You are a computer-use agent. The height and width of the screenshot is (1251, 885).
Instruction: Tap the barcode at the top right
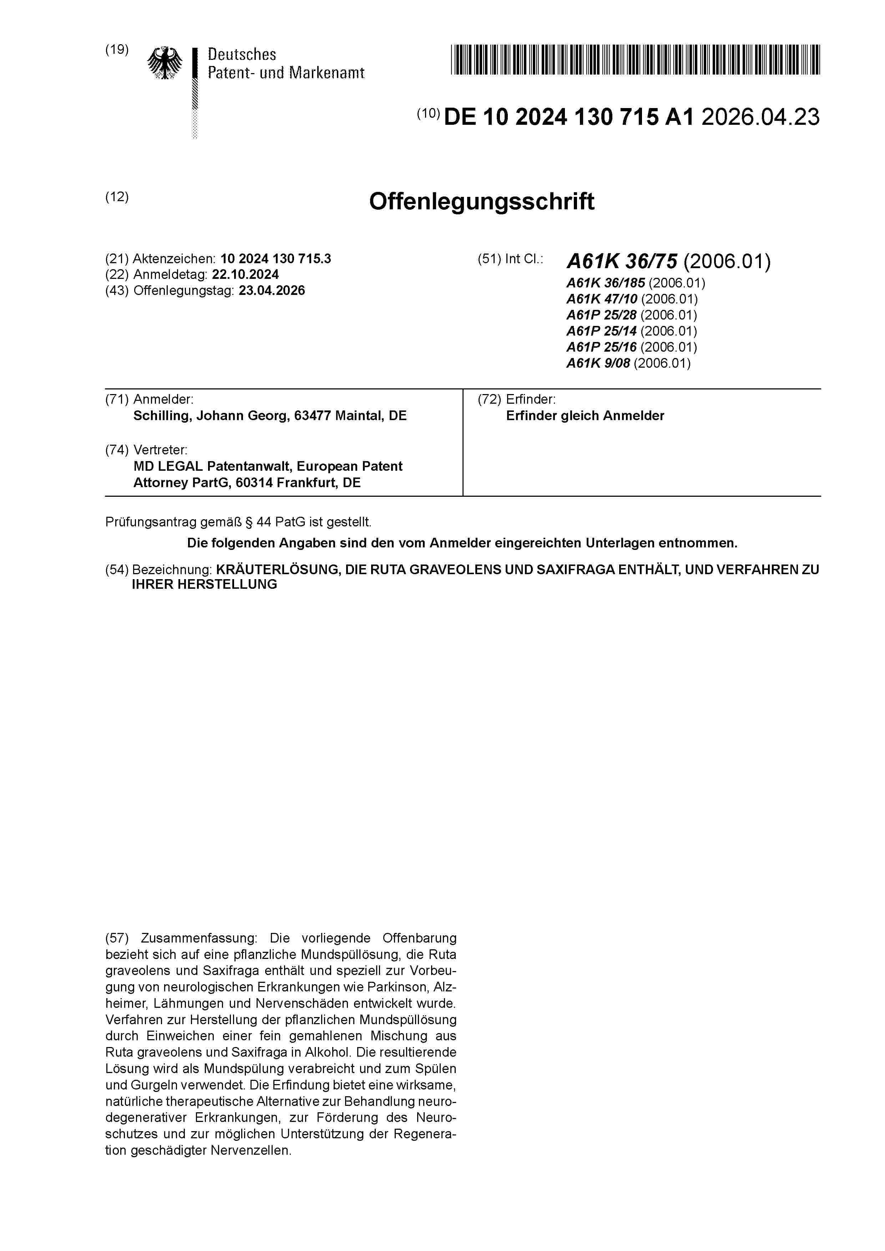tap(635, 60)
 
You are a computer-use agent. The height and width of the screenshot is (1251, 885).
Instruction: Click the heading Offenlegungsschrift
tap(481, 201)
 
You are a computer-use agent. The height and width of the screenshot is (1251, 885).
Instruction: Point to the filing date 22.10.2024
tap(246, 275)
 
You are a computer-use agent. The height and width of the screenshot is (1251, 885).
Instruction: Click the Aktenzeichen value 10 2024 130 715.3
tap(275, 259)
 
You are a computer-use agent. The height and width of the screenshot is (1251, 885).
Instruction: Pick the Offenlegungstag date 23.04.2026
tap(272, 290)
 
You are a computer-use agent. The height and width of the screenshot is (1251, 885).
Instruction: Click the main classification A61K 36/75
tap(622, 261)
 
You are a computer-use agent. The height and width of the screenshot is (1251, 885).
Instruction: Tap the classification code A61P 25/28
tap(601, 315)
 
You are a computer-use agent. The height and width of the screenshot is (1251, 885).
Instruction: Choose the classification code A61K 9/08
tap(598, 363)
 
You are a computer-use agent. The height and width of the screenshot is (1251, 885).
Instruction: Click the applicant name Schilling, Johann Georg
tap(212, 416)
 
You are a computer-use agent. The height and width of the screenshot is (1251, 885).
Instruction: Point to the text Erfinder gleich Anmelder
tap(585, 416)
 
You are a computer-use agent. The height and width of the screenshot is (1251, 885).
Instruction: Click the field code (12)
tap(117, 197)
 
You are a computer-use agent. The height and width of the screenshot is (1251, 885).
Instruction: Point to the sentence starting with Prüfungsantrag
tap(238, 522)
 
